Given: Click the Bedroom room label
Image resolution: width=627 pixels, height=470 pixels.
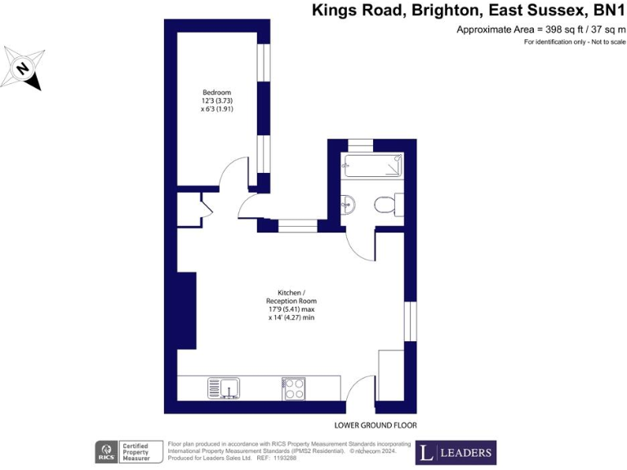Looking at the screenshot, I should click(217, 91).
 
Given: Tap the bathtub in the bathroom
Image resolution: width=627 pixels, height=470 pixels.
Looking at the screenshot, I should click(373, 166).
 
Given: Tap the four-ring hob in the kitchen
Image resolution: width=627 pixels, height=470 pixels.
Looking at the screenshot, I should click(293, 388).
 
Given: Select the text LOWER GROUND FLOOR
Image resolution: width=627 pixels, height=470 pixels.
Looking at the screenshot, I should click(376, 426).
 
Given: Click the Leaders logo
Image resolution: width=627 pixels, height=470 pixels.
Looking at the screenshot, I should click(456, 452).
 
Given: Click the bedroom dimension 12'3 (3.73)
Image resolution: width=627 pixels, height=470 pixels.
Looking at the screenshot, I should click(217, 100).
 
